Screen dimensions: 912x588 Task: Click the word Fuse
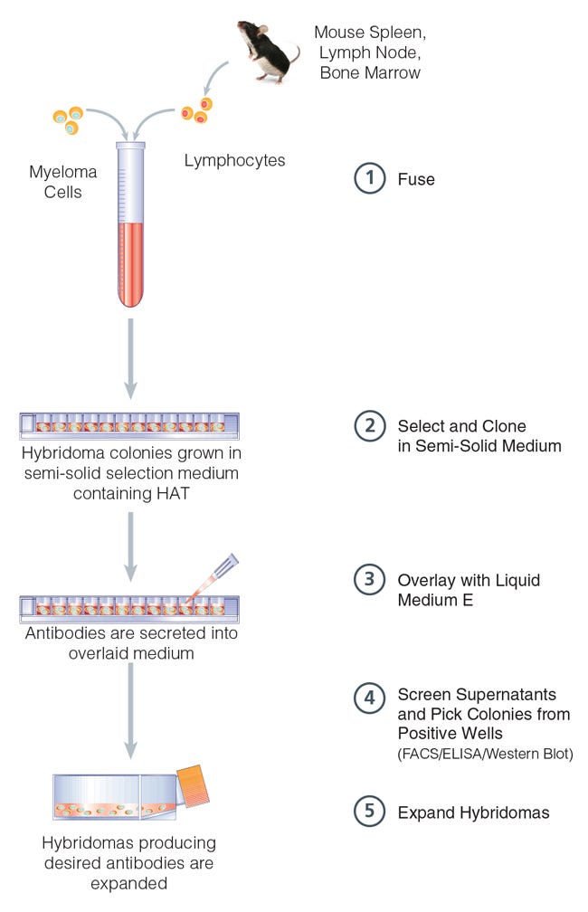[416, 179]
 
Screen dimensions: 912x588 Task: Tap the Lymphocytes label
[234, 161]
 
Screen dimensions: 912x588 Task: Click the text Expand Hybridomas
[473, 812]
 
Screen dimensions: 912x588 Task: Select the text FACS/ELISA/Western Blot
[485, 754]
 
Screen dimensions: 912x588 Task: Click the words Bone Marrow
[370, 72]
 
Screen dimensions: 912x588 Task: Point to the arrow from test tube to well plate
[131, 357]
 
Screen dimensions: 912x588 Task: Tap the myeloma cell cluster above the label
[69, 118]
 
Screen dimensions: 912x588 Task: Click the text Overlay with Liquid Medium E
[468, 589]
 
